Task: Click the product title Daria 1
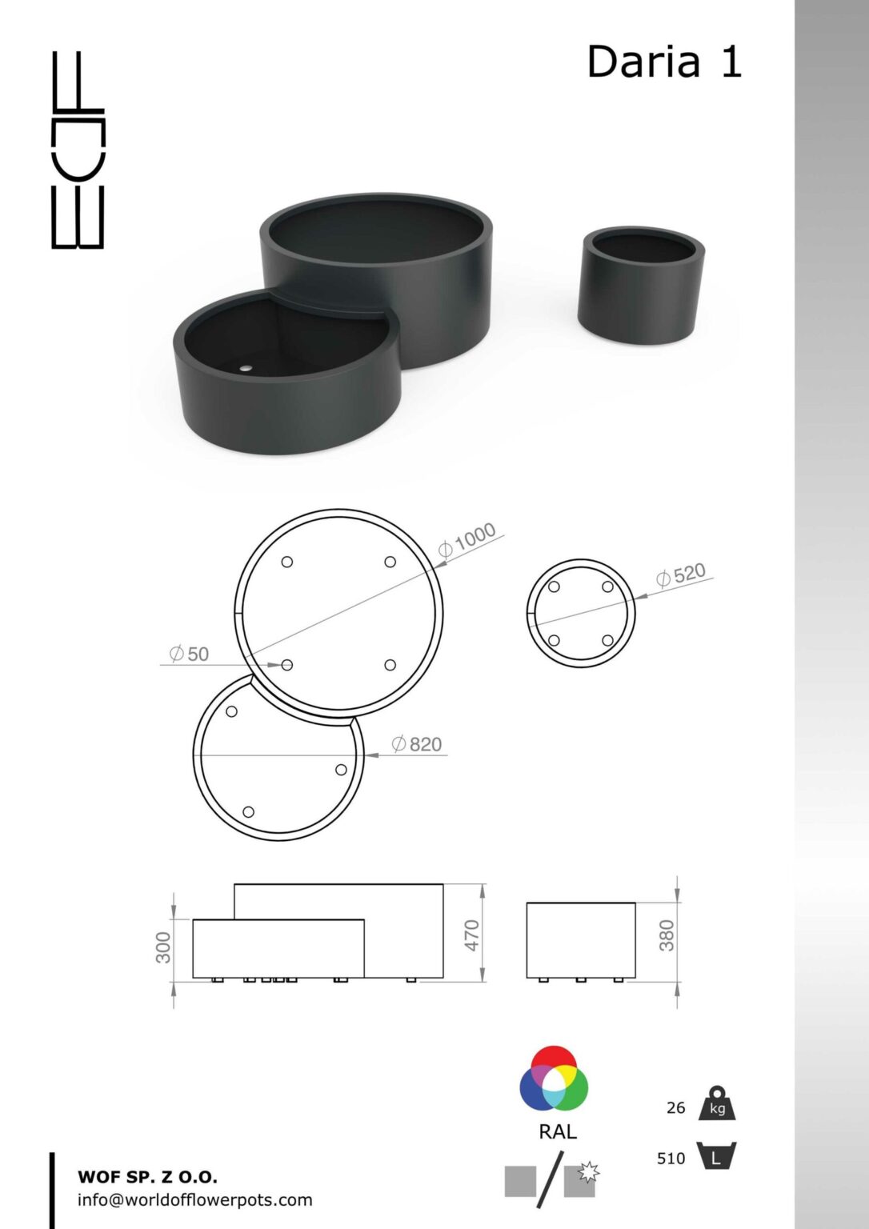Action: coord(664,62)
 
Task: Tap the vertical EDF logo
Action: coord(78,150)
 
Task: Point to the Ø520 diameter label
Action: coord(681,575)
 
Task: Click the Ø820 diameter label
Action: coord(416,744)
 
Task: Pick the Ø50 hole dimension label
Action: coord(190,654)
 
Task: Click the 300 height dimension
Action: coord(163,947)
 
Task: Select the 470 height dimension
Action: coord(472,935)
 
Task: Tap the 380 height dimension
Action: coord(666,935)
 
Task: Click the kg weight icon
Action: coord(717,1103)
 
